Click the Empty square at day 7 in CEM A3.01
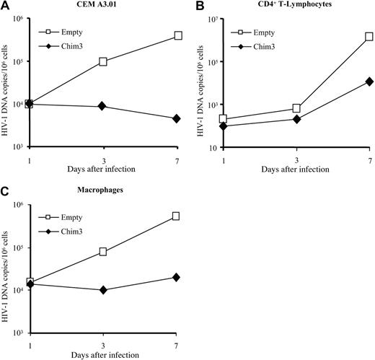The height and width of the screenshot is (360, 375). click(x=178, y=35)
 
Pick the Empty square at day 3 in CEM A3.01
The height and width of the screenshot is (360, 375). click(x=103, y=62)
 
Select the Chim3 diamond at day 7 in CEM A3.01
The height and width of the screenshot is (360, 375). click(x=178, y=119)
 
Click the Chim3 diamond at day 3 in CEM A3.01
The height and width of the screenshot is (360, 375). click(x=103, y=106)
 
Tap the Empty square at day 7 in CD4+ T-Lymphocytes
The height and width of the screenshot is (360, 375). click(x=369, y=36)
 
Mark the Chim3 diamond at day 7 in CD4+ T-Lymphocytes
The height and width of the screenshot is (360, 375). click(x=369, y=82)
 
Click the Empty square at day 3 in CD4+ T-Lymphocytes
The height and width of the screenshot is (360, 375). click(x=296, y=108)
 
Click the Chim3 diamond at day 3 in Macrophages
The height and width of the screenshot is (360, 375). click(x=103, y=290)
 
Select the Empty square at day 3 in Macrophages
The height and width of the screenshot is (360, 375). click(x=103, y=252)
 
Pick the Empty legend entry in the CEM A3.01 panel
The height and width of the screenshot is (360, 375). click(x=63, y=32)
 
